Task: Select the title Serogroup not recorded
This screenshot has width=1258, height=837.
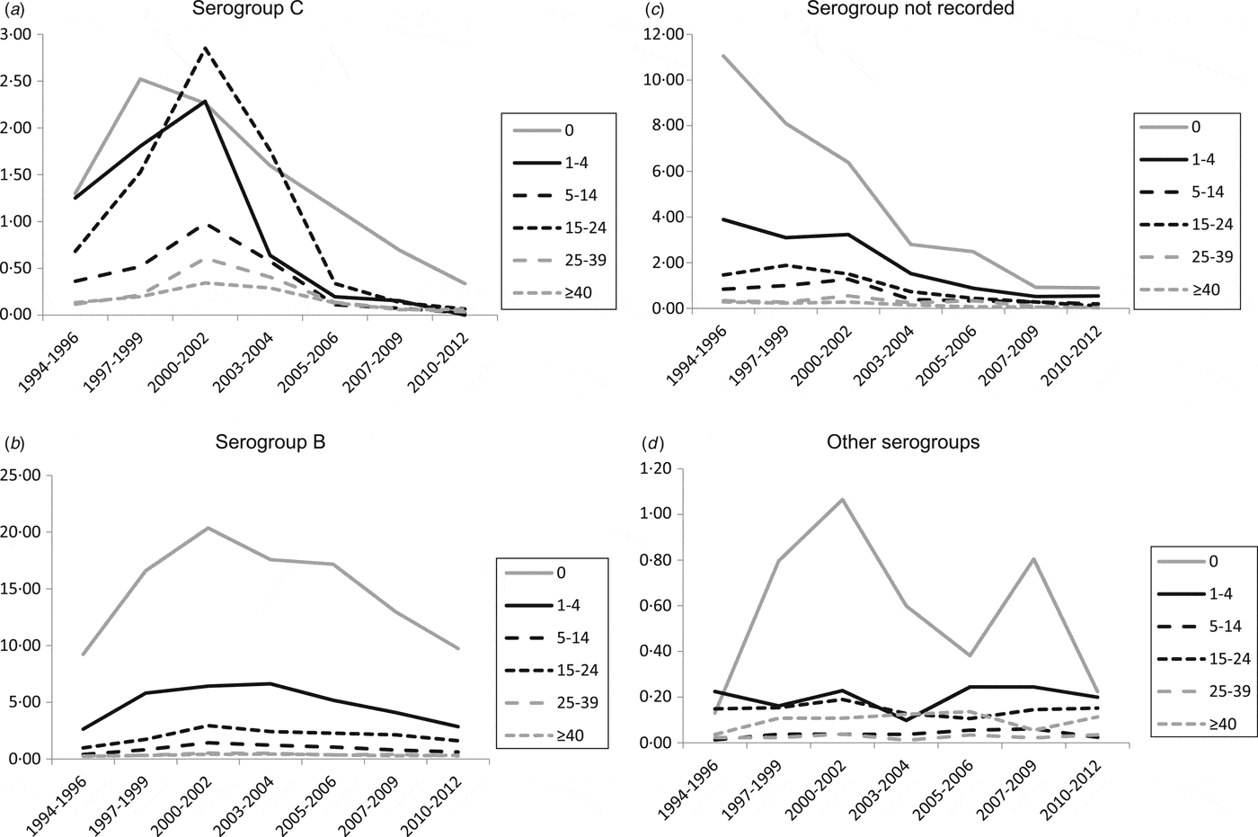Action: coord(910,9)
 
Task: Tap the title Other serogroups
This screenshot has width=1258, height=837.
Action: coord(903,441)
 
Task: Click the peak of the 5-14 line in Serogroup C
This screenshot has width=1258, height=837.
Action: coord(206,224)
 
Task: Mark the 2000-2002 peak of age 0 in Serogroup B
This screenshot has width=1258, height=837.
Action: coord(208,528)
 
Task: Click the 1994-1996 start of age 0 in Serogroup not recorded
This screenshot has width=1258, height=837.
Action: coord(723,56)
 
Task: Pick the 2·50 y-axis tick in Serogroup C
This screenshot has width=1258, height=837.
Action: coord(19,81)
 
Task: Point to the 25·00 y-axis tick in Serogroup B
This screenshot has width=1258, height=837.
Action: coord(22,476)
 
